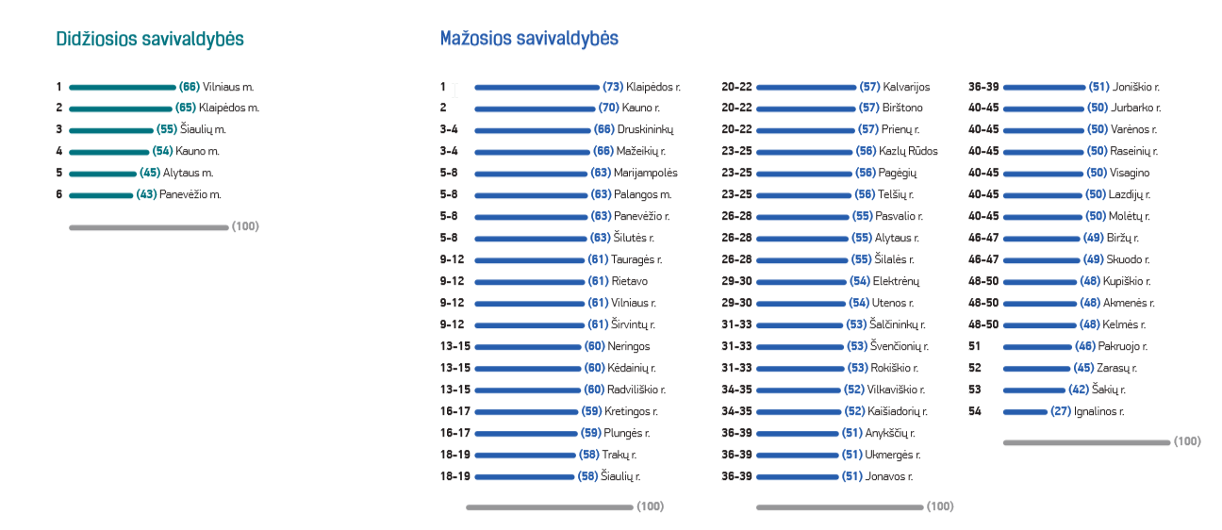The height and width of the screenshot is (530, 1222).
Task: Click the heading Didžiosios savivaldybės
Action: (x=150, y=40)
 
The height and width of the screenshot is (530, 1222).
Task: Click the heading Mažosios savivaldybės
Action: (x=529, y=39)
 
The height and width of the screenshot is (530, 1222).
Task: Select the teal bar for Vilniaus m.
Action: (x=123, y=87)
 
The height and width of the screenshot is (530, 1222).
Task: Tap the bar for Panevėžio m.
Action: (x=101, y=195)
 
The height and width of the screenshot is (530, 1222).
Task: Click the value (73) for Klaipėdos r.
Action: (x=613, y=87)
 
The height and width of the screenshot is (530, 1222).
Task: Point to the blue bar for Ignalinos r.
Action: (x=1025, y=412)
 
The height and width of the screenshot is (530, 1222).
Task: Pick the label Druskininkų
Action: (x=646, y=130)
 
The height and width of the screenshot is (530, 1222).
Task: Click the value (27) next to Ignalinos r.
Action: (x=1060, y=412)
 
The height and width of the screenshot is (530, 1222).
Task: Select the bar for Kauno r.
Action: (x=535, y=108)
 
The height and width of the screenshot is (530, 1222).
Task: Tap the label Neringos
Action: (x=629, y=347)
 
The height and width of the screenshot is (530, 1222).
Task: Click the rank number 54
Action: (x=975, y=412)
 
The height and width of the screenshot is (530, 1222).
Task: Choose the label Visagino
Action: (x=1131, y=174)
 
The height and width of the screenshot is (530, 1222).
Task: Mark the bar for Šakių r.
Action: (x=1033, y=390)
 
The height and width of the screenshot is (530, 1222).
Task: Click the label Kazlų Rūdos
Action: (x=910, y=152)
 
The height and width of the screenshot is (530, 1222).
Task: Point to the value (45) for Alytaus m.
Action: (x=150, y=174)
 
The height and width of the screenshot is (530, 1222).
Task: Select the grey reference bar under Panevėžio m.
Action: (x=148, y=227)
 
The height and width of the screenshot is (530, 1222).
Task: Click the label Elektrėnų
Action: (x=896, y=282)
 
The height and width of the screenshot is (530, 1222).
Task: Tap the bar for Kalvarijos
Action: (x=805, y=87)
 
